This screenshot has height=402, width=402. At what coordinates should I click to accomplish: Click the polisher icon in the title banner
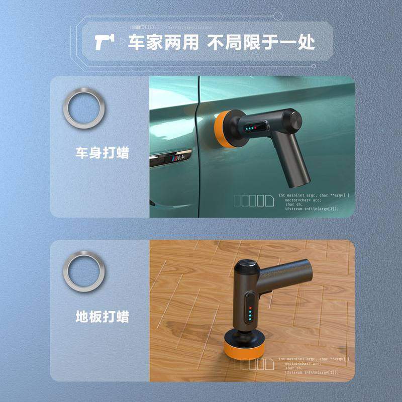point(104,42)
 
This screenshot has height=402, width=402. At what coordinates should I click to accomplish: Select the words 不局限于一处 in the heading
point(261,42)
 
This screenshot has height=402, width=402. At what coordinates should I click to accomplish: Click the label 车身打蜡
point(103,153)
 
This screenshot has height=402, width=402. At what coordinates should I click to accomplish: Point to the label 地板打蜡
point(103,317)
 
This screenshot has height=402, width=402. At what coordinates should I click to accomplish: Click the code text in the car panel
point(314,202)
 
